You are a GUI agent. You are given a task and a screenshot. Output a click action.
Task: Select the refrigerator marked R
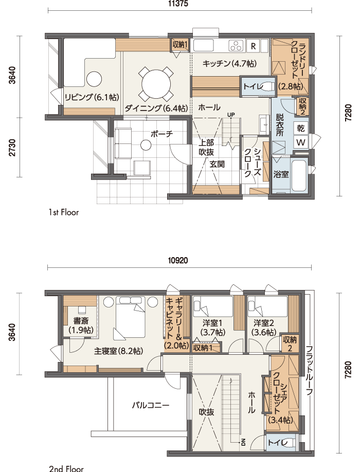tap(253, 46)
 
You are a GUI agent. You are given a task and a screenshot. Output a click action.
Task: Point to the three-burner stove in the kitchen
tap(236, 45)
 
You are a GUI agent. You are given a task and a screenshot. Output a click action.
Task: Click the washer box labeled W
tap(301, 142)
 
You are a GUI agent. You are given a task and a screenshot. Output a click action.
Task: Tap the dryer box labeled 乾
tap(301, 129)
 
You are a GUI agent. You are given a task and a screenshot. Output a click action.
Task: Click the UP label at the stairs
tap(231, 115)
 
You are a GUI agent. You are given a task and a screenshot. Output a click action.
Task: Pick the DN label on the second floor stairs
tap(243, 442)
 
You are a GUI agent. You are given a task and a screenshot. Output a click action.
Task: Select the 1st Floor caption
tap(64, 212)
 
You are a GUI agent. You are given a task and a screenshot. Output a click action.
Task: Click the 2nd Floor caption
tap(66, 468)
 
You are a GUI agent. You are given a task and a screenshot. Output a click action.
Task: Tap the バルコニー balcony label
tap(151, 405)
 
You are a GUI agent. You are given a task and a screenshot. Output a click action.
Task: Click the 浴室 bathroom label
tap(281, 174)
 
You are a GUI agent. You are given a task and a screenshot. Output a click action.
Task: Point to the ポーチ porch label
tap(161, 134)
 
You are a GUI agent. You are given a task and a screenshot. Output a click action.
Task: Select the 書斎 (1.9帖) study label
tap(81, 325)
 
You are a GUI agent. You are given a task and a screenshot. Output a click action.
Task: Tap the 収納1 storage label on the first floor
tap(180, 45)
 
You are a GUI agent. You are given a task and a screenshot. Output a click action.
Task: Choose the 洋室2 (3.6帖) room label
tap(264, 328)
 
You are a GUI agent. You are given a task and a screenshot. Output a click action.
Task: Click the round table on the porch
tap(146, 145)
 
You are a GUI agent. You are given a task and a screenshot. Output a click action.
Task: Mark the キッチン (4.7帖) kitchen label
tap(229, 64)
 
